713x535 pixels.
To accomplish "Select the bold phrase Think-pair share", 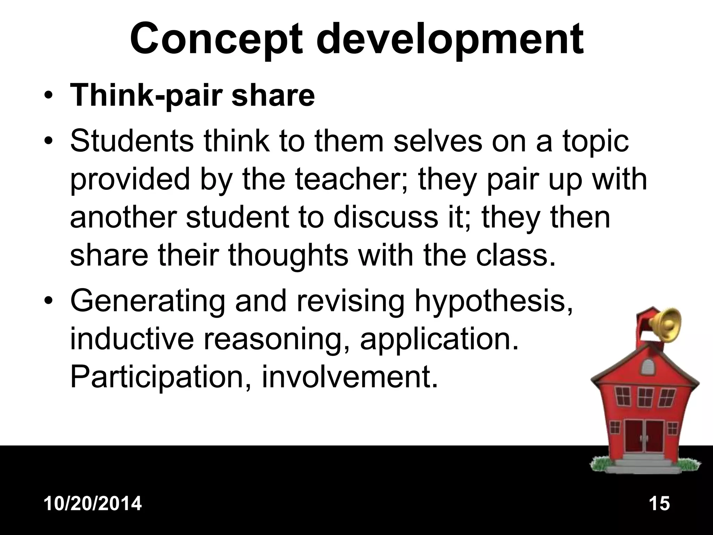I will [x=192, y=95].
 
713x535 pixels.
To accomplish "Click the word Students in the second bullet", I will [x=132, y=142].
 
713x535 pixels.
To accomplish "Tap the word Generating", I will [x=147, y=302].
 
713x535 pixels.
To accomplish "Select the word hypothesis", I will [x=493, y=302].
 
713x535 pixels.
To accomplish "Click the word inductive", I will [x=132, y=339].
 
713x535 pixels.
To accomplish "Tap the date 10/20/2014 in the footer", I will [x=93, y=504].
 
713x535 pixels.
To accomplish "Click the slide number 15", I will [x=659, y=504].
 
